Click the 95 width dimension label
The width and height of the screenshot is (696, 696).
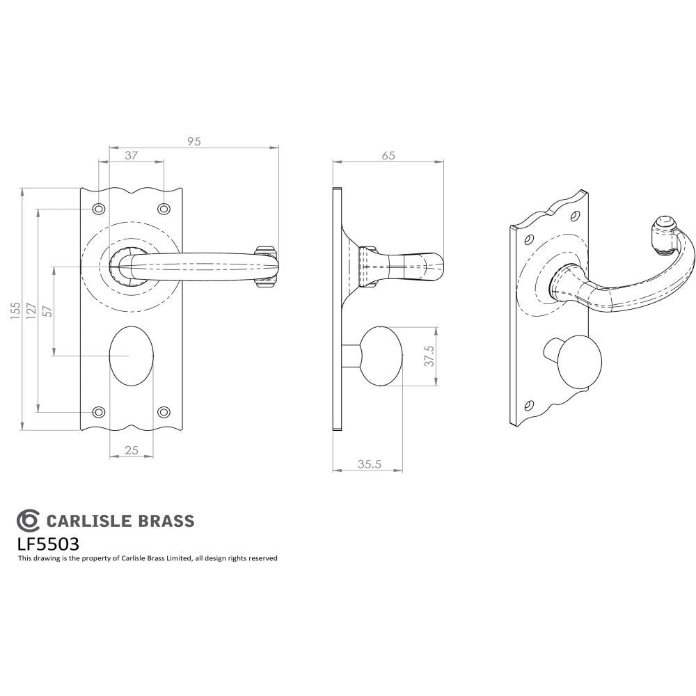(x=193, y=141)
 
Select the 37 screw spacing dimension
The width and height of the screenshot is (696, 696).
(x=130, y=156)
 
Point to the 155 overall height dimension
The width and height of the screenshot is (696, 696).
(x=15, y=310)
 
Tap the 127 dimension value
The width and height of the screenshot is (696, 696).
(x=31, y=310)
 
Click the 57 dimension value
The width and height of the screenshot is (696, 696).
(x=47, y=311)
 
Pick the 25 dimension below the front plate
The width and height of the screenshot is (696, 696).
(x=130, y=451)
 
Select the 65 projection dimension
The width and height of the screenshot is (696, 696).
(x=388, y=156)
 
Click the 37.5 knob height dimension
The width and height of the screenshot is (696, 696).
(x=429, y=356)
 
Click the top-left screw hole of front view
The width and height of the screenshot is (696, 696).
(x=99, y=209)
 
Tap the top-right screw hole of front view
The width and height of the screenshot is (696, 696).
(x=164, y=209)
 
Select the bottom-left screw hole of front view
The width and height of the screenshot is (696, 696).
(x=99, y=411)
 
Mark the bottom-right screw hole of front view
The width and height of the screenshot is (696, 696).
(x=164, y=411)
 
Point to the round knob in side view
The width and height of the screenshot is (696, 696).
(x=380, y=355)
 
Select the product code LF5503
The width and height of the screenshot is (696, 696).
(x=47, y=543)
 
